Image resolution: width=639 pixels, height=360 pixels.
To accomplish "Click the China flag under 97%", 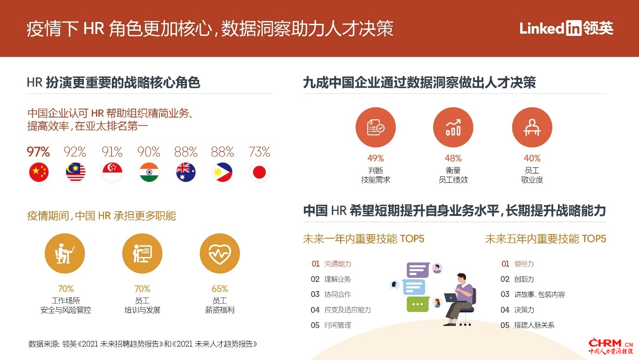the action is (39, 172).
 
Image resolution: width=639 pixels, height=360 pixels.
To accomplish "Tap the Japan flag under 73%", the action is (259, 172).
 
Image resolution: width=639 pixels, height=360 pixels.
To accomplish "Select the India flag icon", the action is (149, 172).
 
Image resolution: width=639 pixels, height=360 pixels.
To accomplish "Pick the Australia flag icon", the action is (186, 172).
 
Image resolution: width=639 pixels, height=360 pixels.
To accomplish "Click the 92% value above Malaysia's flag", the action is (75, 152).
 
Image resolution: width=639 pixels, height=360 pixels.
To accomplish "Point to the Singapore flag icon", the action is (112, 172).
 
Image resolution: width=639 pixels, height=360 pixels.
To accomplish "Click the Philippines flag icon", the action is (222, 172).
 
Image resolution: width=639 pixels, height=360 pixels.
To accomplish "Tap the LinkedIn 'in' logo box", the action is (573, 28).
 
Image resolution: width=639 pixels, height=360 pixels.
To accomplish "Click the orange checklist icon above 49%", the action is (375, 127).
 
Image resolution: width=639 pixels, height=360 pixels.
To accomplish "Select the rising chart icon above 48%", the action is (453, 127).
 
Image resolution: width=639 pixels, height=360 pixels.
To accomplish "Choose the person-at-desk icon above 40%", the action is (532, 127).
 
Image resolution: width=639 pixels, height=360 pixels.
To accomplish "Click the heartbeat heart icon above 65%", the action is (220, 254).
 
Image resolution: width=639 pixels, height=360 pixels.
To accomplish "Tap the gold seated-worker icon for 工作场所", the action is (65, 254).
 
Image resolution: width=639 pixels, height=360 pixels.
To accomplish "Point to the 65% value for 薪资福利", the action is (220, 289).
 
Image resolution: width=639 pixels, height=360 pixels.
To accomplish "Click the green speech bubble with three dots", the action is (418, 304).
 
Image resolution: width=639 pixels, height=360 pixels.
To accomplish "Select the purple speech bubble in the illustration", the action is (418, 270).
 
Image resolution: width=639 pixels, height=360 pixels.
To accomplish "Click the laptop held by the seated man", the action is (451, 298).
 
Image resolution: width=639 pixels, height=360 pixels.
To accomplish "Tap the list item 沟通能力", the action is (337, 264).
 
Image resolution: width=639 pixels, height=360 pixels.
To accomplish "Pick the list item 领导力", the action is (524, 264).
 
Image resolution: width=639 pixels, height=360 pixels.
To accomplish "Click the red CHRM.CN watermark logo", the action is (611, 346).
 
